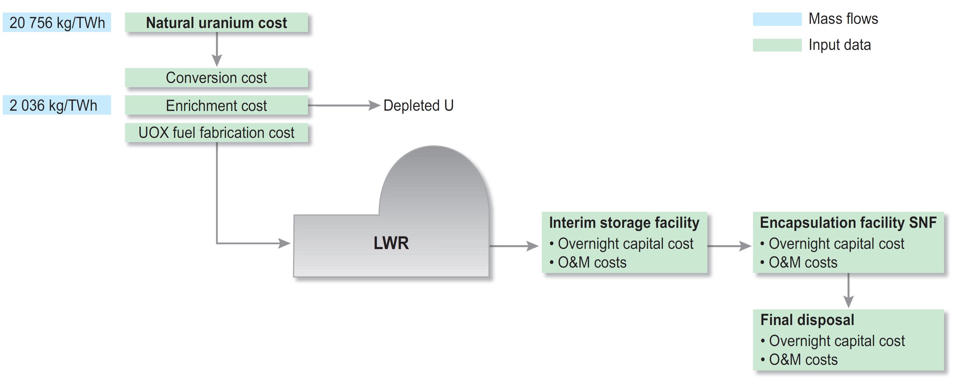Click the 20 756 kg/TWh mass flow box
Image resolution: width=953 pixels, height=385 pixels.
(x=57, y=22)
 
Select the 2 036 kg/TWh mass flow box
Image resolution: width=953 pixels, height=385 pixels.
(x=57, y=105)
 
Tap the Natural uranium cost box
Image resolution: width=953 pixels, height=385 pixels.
(x=217, y=22)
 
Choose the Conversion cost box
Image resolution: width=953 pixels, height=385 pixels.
(x=217, y=78)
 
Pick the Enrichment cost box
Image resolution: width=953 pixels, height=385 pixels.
(x=217, y=105)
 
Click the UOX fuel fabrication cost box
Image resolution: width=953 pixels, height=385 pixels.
(x=217, y=133)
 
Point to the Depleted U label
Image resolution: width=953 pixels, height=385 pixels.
(x=418, y=105)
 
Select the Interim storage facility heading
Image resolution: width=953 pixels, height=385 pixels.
(x=624, y=223)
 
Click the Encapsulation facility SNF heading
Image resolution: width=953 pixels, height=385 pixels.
(x=848, y=223)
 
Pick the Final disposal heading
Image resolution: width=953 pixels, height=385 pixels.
(x=807, y=320)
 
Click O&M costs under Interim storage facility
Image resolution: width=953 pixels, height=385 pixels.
(x=592, y=262)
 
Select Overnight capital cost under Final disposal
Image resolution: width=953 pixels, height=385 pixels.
(x=837, y=341)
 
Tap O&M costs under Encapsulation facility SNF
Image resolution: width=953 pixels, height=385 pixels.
(x=803, y=262)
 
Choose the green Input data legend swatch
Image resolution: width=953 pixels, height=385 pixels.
(x=777, y=45)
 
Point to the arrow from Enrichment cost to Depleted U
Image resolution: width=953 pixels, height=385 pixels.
(x=344, y=106)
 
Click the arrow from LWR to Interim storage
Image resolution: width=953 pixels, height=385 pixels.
(x=514, y=246)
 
